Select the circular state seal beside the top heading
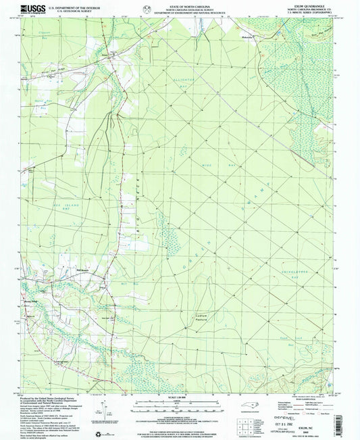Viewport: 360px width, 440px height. point(147,8)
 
